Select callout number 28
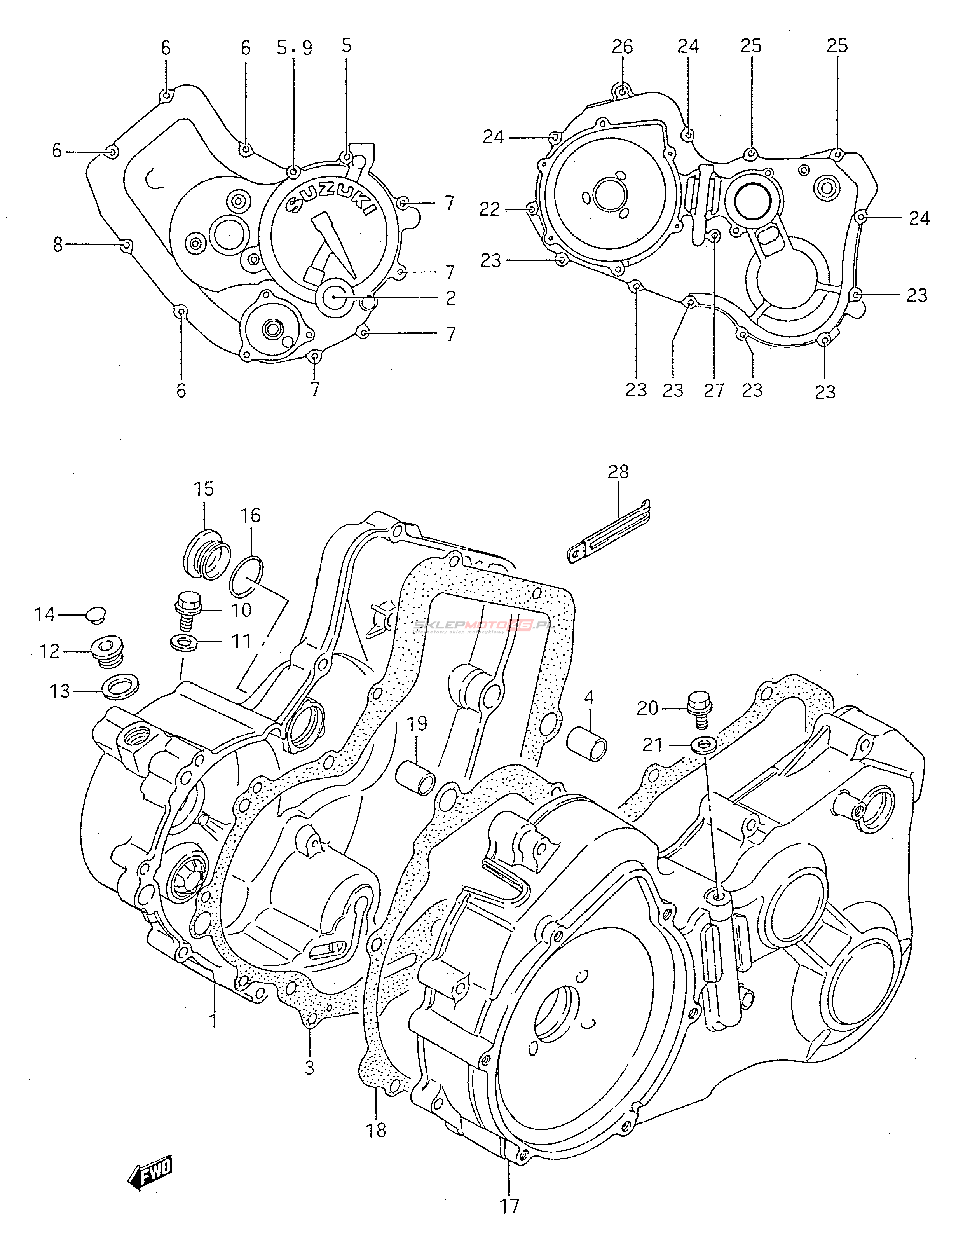coord(618,471)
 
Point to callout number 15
coord(203,489)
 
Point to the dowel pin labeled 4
coord(587,743)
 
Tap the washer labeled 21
coord(703,745)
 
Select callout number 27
coord(714,391)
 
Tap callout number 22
coord(490,209)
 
